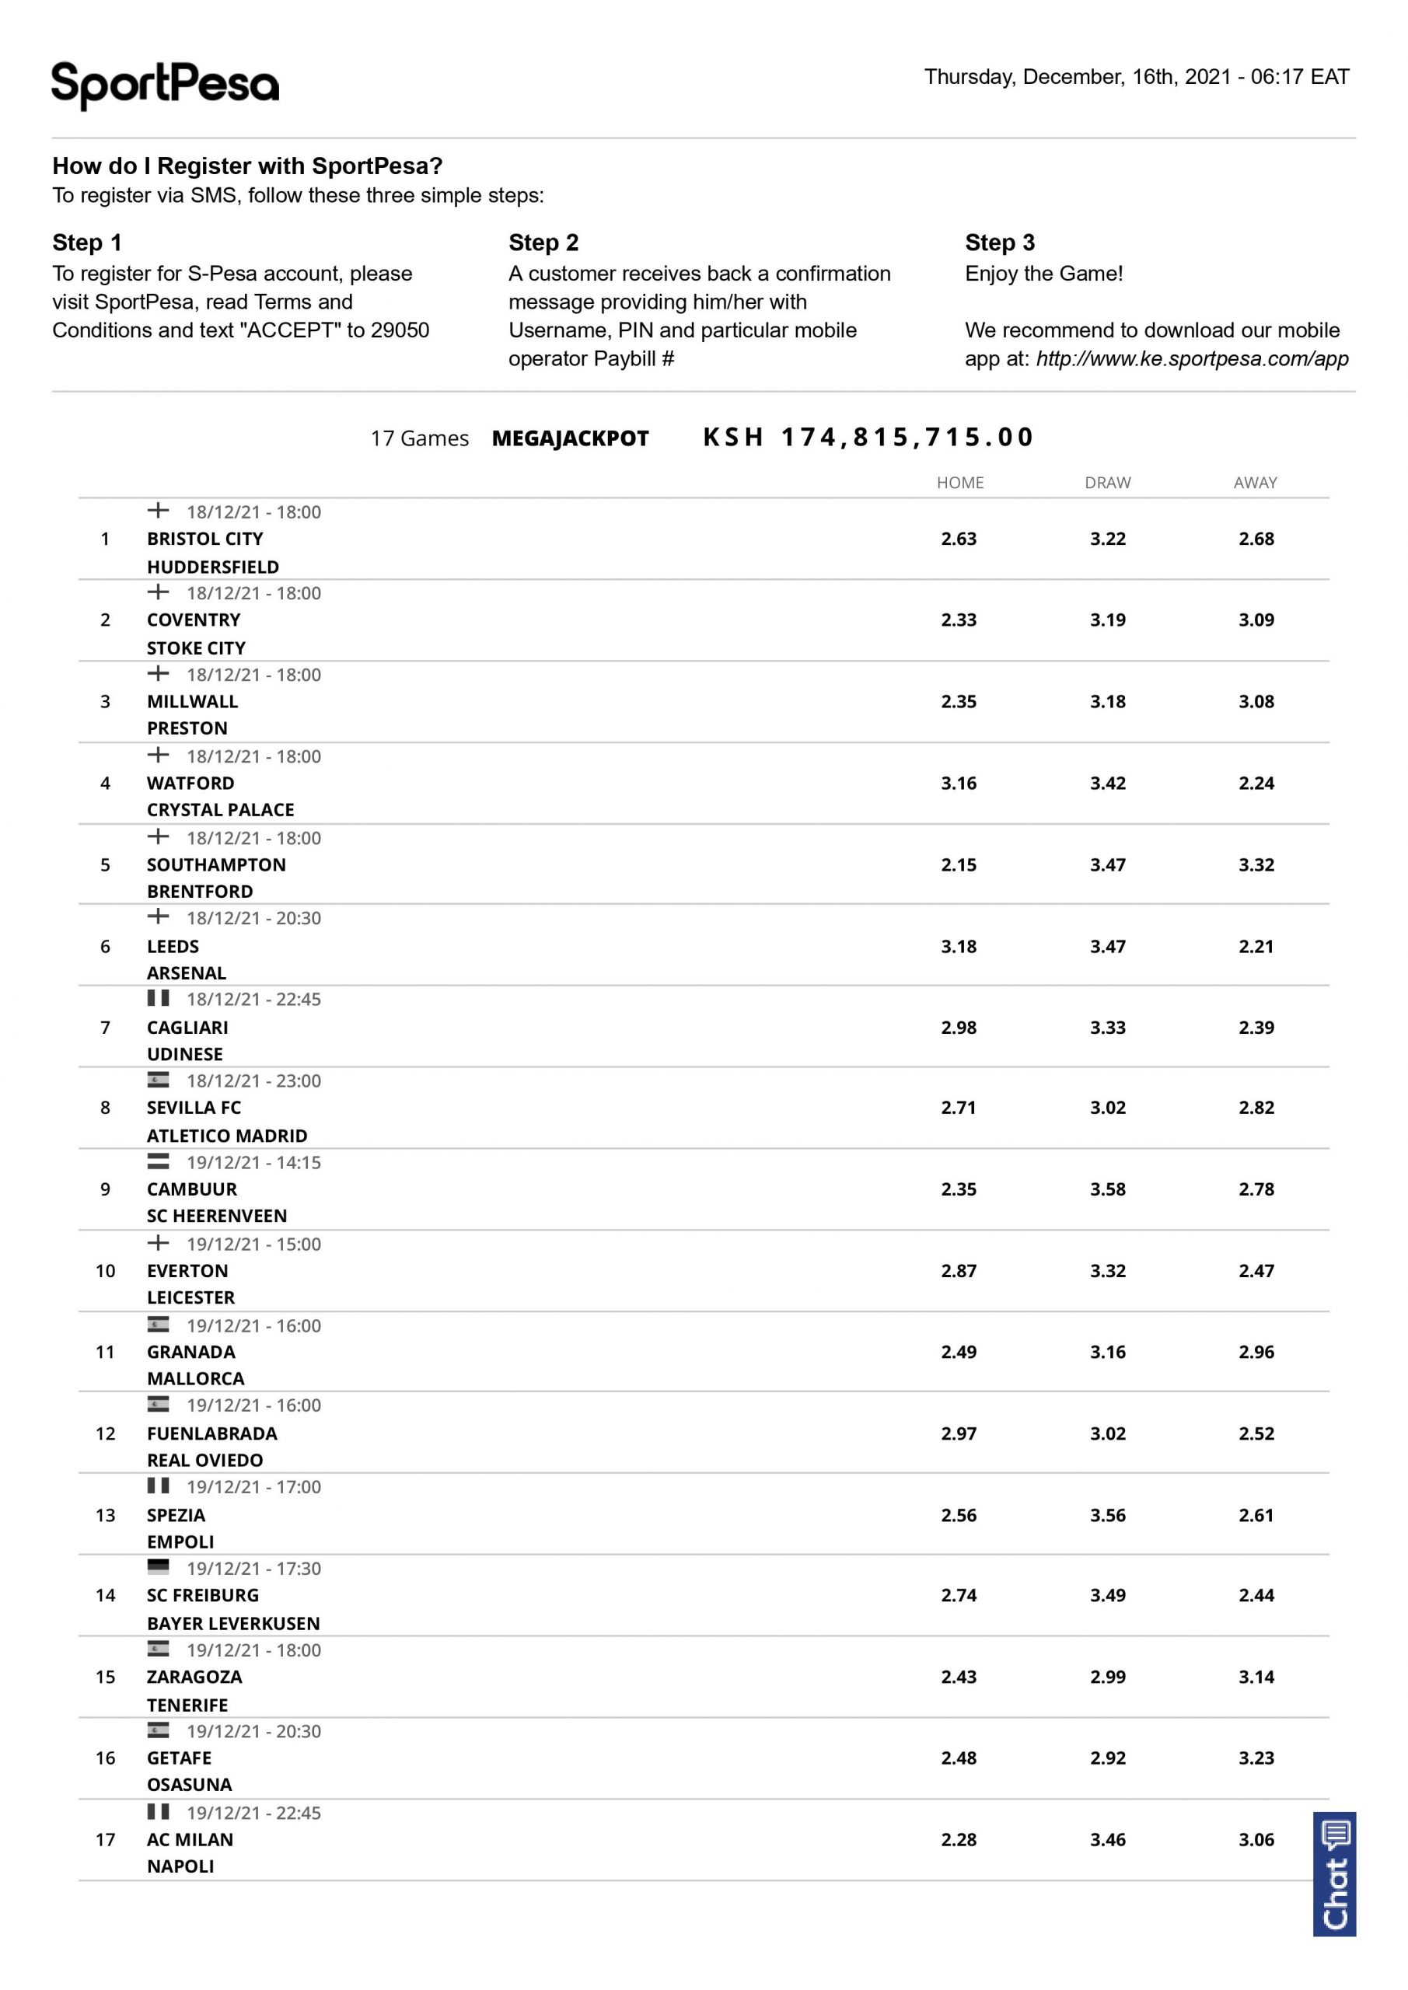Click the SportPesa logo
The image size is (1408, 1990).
(165, 85)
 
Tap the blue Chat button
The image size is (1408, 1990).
(1334, 1873)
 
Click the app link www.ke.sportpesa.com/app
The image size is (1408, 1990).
(1192, 359)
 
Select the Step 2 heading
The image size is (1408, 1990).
(543, 243)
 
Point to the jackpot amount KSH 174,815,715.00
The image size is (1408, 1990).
(868, 437)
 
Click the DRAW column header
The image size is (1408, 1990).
(1107, 483)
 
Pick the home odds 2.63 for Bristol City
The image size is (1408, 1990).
(958, 539)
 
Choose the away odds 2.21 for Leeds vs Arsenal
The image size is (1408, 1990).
(1256, 947)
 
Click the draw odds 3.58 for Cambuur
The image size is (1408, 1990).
(1107, 1189)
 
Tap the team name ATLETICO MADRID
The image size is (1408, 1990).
(226, 1136)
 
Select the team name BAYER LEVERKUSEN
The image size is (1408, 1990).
(233, 1623)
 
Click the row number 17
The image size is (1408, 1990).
(105, 1840)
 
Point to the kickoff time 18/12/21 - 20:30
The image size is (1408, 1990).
(253, 919)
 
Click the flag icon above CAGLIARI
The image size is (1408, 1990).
(158, 998)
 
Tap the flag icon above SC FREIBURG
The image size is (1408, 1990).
(158, 1567)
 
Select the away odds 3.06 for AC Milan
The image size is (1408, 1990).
(1256, 1840)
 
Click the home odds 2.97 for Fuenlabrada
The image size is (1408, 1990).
(958, 1433)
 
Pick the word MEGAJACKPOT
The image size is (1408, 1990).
(570, 438)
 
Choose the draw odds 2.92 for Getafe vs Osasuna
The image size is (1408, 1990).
(1107, 1758)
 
